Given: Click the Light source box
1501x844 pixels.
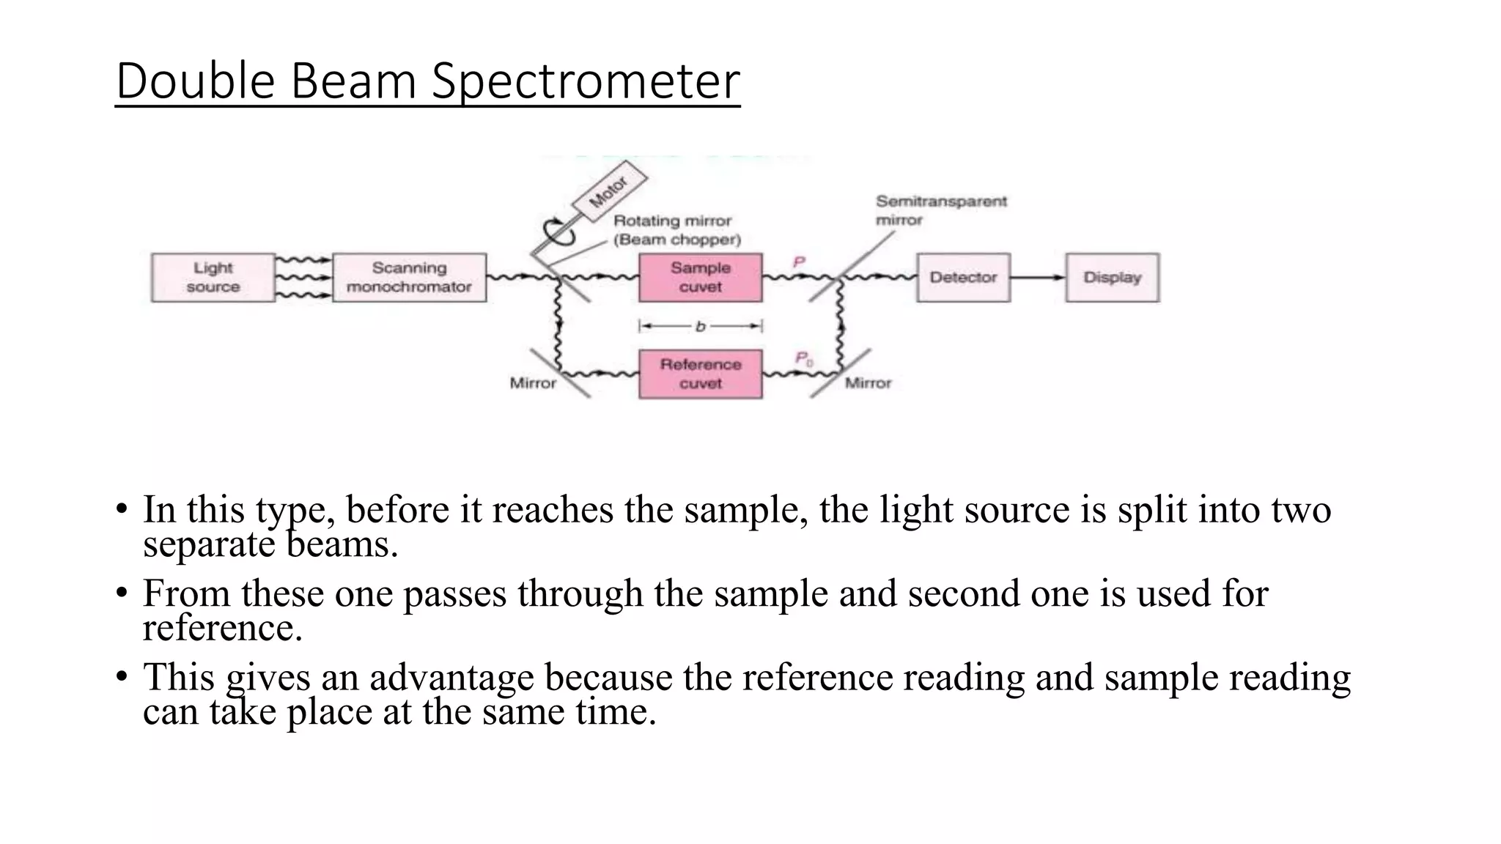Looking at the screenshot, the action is tap(213, 278).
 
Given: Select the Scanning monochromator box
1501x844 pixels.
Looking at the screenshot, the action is tap(410, 278).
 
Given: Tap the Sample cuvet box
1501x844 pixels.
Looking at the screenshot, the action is tap(701, 278).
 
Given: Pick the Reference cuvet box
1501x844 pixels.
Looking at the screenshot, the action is tap(701, 374).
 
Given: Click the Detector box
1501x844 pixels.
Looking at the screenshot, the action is tap(964, 278).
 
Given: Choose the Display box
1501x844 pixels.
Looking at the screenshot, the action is tap(1113, 278).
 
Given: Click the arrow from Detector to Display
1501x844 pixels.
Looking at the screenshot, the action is tap(1038, 278).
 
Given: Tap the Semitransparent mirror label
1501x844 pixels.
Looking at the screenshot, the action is tap(942, 210).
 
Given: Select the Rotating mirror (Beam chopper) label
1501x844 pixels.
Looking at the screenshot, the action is tap(677, 230).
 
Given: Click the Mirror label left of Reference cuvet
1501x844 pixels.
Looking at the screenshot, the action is tap(533, 383).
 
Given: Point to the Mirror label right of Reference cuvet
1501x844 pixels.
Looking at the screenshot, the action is tap(868, 383).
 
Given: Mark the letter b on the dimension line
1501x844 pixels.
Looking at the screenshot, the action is tap(700, 326).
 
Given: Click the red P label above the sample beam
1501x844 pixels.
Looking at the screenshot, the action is tap(799, 262).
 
